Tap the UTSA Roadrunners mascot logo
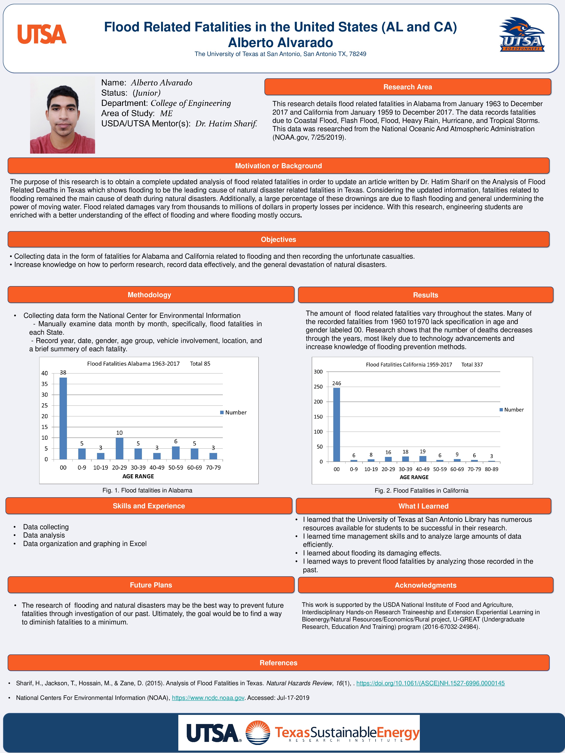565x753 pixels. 522,35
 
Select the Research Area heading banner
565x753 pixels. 407,87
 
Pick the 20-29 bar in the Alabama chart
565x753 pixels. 119,448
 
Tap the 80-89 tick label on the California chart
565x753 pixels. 492,469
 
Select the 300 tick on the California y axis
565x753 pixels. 318,372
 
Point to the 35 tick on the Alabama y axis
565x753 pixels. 45,384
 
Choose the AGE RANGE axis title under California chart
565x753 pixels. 414,477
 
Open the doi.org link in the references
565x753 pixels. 430,683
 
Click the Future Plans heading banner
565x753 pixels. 151,585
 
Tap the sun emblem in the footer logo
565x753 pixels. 258,733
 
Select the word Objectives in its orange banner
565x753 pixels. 278,239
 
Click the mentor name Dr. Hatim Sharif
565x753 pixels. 226,124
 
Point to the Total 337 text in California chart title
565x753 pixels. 472,365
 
